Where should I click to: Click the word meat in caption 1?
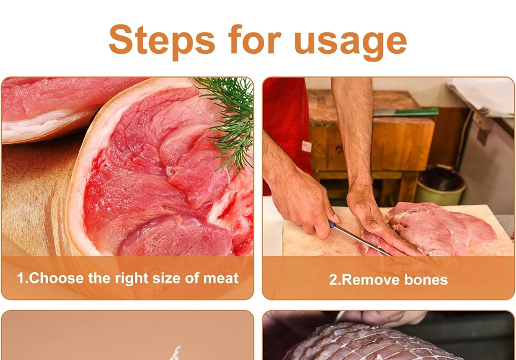[x=221, y=278]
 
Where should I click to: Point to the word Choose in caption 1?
[x=56, y=278]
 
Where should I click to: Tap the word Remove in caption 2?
[x=371, y=280]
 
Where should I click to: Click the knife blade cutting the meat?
[x=362, y=240]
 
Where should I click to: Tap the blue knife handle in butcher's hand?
[x=331, y=225]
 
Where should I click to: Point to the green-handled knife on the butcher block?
[x=406, y=113]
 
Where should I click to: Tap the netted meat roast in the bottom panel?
[x=368, y=342]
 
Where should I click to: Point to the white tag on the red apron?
[x=306, y=146]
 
